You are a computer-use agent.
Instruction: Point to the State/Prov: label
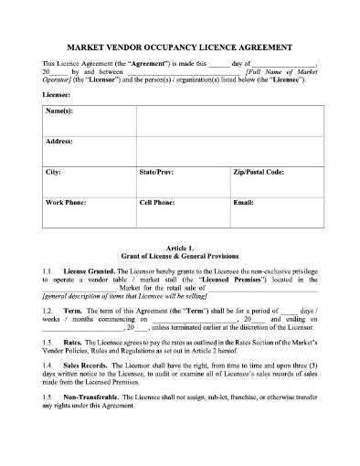[x=157, y=172]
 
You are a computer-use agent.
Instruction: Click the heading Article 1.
[x=179, y=248]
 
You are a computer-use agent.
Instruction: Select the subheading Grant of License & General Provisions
[x=179, y=257]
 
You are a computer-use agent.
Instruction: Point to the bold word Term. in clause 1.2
[x=75, y=311]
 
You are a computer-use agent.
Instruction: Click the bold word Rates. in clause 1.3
[x=75, y=342]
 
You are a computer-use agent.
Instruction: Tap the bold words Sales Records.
[x=88, y=364]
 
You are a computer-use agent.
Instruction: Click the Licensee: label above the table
[x=58, y=93]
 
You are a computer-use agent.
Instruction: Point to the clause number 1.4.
[x=48, y=364]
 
